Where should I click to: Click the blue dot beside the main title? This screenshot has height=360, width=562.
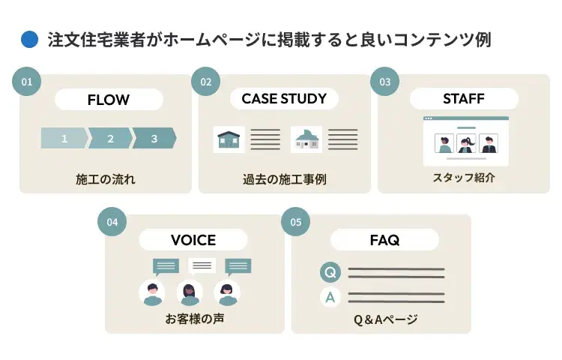pos(29,39)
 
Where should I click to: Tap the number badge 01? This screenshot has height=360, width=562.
pos(26,82)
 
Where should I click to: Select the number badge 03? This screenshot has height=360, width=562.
pos(384,82)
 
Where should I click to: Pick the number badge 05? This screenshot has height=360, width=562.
pos(295,221)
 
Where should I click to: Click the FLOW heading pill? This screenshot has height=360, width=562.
pos(109,99)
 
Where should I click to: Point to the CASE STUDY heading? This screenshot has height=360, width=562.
pos(284,98)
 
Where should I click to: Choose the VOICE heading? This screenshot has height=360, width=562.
pos(193,239)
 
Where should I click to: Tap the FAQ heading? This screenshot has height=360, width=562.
pos(384,239)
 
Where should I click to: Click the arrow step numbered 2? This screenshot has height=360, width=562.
pos(110,138)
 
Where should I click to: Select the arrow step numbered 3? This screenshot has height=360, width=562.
pos(154,138)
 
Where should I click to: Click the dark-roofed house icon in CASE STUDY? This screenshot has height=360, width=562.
pos(229,139)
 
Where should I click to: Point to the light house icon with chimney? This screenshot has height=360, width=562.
pos(306,139)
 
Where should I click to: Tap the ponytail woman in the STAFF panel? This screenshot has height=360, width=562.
pos(466,143)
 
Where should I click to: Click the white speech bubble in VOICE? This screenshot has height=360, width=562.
pos(202,265)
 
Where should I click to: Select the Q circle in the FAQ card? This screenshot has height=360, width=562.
pos(330,271)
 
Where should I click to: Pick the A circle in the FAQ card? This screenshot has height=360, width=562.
pos(330,297)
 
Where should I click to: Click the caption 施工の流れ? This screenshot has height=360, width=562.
pos(106,179)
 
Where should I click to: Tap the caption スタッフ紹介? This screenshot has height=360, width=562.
pos(464,177)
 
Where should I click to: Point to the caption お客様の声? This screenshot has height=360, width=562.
pos(195,318)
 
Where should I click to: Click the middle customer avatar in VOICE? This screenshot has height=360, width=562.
pos(190,292)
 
